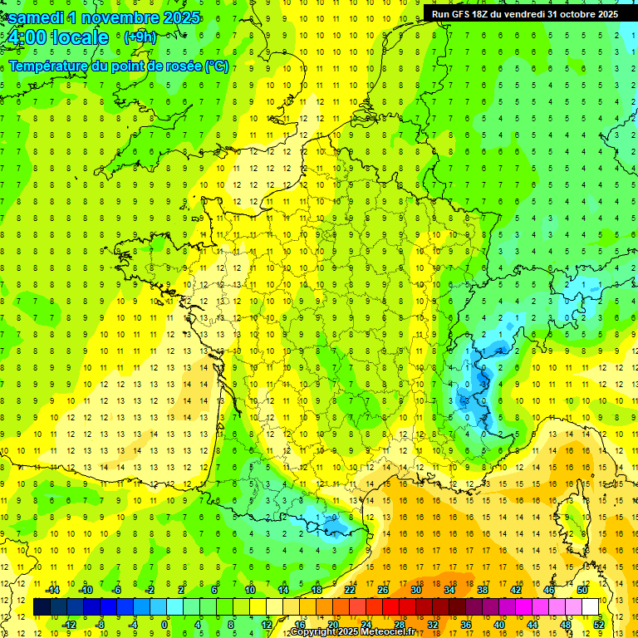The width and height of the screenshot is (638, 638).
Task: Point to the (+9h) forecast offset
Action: point(139,37)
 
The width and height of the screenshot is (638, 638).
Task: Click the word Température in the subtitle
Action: point(49,66)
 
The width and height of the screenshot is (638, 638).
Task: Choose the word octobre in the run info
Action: point(580,14)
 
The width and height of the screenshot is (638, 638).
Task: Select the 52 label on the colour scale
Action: point(598,625)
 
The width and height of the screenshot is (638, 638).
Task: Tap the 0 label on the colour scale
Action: point(164,625)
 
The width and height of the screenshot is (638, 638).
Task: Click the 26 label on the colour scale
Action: point(382,590)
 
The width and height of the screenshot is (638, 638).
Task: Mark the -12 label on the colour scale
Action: point(69,625)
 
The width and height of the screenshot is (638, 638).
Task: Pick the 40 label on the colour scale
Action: point(498,625)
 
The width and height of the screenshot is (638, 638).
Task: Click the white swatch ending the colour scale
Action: point(590,607)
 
